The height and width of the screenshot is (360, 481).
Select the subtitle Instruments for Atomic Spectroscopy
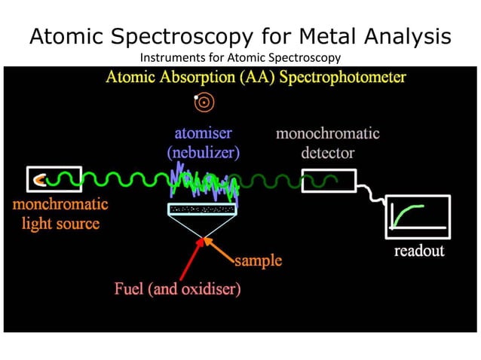click(240, 57)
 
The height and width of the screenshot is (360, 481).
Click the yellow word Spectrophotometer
click(341, 78)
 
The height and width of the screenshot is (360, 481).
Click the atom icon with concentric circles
click(202, 100)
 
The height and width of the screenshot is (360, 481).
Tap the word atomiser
click(204, 133)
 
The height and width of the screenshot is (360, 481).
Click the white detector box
click(328, 181)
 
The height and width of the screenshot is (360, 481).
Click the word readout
click(419, 251)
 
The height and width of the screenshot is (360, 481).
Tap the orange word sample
click(258, 261)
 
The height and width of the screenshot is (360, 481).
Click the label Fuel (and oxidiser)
click(177, 288)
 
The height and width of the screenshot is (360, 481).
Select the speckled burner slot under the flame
click(203, 208)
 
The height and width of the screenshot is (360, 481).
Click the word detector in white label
click(328, 153)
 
